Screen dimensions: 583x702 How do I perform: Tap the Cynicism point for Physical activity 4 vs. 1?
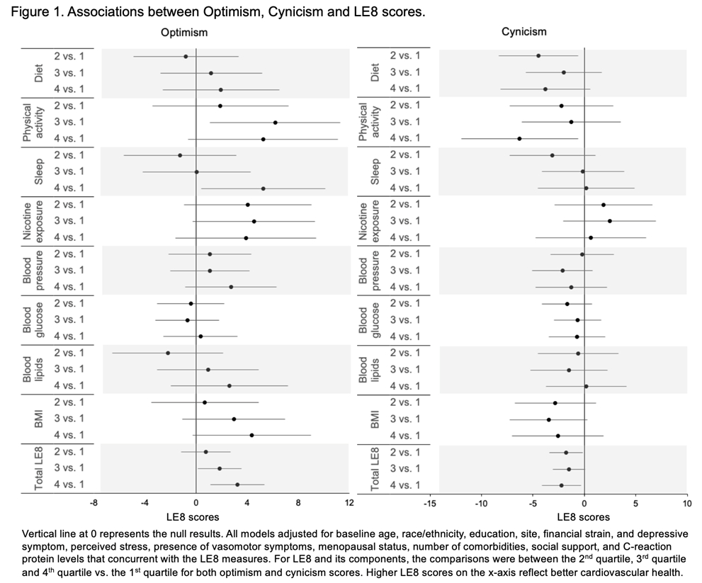click(519, 139)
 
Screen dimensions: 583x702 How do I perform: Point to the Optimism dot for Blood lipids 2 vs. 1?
click(168, 353)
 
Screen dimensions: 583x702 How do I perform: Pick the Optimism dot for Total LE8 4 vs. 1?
click(237, 485)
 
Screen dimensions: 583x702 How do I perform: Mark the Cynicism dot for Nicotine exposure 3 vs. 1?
click(609, 221)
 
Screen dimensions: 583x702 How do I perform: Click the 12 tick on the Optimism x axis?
click(349, 503)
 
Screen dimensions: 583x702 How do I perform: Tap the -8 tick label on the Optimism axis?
click(94, 503)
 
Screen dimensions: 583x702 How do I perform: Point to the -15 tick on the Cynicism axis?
click(429, 503)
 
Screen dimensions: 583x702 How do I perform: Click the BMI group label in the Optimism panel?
click(39, 419)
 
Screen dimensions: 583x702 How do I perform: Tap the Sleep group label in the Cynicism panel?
click(376, 171)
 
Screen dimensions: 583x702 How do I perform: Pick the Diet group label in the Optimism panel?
click(39, 72)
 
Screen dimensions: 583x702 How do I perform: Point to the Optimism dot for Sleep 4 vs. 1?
click(263, 188)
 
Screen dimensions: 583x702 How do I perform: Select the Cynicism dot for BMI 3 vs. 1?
click(548, 419)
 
